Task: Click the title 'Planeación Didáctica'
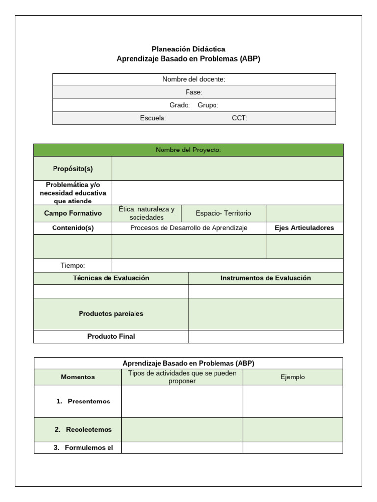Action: [x=188, y=49]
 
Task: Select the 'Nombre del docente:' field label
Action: [x=194, y=79]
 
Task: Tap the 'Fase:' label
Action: [x=194, y=92]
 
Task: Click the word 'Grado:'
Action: [x=180, y=105]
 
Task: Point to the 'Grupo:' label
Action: [x=208, y=105]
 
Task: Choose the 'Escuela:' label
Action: [x=153, y=118]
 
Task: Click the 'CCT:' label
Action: [x=240, y=118]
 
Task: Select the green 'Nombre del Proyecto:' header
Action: [x=188, y=150]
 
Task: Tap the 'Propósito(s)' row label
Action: [x=73, y=169]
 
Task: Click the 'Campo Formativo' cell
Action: [x=73, y=213]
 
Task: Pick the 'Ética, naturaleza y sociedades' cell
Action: [x=146, y=213]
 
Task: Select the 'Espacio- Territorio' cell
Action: [x=223, y=213]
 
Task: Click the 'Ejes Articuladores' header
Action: [x=304, y=228]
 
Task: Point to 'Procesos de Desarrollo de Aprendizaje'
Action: [x=189, y=228]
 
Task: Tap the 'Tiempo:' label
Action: [x=73, y=265]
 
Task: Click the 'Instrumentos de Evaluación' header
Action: [x=266, y=278]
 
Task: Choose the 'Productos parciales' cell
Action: [x=111, y=314]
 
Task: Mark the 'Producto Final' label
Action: [x=111, y=336]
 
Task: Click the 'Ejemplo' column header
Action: [x=293, y=377]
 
